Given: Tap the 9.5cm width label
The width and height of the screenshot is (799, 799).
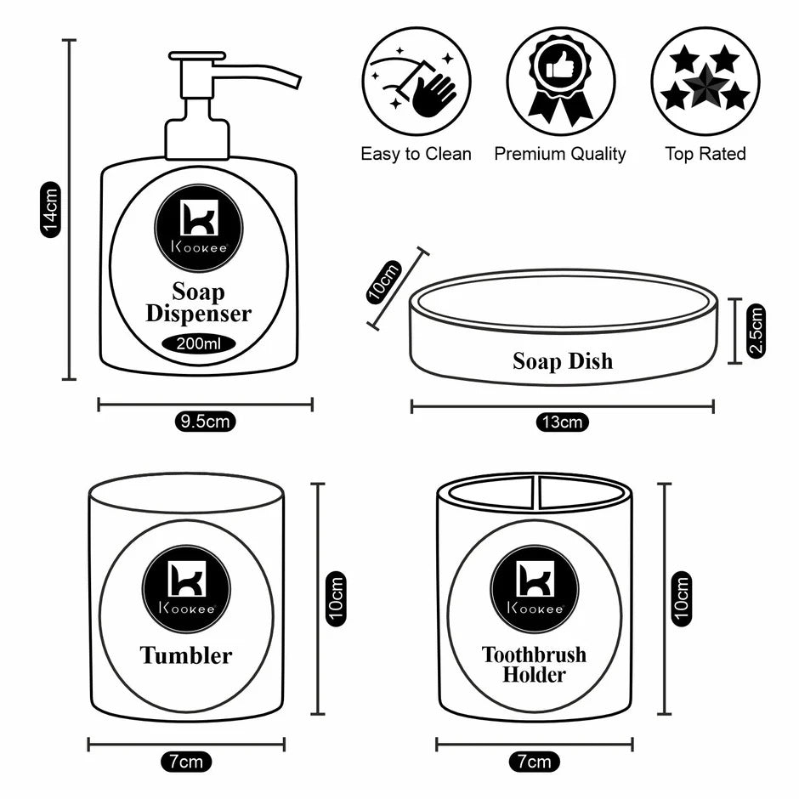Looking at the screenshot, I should point(205,421).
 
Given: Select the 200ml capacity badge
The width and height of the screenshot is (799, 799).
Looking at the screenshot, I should point(199,344).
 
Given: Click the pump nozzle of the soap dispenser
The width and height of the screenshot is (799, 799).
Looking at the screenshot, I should point(255,70).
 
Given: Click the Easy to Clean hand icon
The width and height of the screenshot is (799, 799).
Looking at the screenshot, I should point(417,81).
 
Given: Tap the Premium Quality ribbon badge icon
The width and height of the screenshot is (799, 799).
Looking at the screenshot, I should point(560,81).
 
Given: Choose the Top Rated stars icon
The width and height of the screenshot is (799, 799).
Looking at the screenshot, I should point(705,81).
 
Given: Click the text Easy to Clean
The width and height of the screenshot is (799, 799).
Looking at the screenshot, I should point(416,154).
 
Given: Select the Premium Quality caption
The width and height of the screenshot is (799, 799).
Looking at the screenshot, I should point(560,154).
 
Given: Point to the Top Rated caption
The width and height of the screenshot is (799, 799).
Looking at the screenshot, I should point(705,154).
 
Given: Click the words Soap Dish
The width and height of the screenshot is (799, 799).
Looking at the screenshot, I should point(562,361).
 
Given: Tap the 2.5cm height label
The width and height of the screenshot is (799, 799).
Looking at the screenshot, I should point(756,330).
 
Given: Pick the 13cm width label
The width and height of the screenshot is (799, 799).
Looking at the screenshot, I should point(562,422).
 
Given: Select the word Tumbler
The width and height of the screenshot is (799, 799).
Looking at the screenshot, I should point(185,655).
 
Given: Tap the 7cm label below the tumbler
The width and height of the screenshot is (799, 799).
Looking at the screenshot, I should point(186,761).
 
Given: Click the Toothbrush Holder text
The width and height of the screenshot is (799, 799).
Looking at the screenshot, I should point(534,665).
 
